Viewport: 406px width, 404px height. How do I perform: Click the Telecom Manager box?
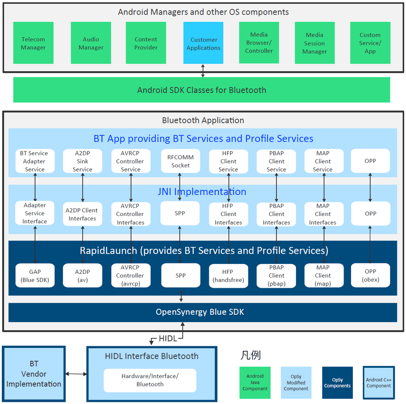pos(33,43)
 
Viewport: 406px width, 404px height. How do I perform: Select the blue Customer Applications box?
pos(203,43)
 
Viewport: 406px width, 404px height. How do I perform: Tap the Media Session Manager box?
pos(314,43)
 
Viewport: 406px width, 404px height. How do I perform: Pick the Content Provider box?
pos(146,43)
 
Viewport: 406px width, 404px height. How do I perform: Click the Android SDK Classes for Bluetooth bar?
pos(201,90)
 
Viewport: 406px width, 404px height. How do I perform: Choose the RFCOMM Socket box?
pos(181,161)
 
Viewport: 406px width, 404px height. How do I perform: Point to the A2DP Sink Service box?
pos(82,161)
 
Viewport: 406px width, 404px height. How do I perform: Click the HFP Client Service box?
pos(228,161)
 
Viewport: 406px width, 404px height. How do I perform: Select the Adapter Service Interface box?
pos(35,213)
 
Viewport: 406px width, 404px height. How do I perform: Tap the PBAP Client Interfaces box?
pos(276,214)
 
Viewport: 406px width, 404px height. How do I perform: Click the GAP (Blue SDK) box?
pos(35,276)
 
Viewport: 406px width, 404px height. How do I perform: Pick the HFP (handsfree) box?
pos(228,276)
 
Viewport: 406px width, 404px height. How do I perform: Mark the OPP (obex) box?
pos(370,276)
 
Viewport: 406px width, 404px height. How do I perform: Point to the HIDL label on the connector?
pos(168,339)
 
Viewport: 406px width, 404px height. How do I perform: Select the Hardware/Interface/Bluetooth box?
pos(150,380)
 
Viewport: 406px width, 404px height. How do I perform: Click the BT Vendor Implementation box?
pos(34,374)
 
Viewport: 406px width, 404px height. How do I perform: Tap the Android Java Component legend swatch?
pos(255,382)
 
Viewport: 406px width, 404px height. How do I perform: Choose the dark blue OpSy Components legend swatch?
pos(337,382)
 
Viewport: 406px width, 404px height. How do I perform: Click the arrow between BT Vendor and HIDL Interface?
pos(76,374)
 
